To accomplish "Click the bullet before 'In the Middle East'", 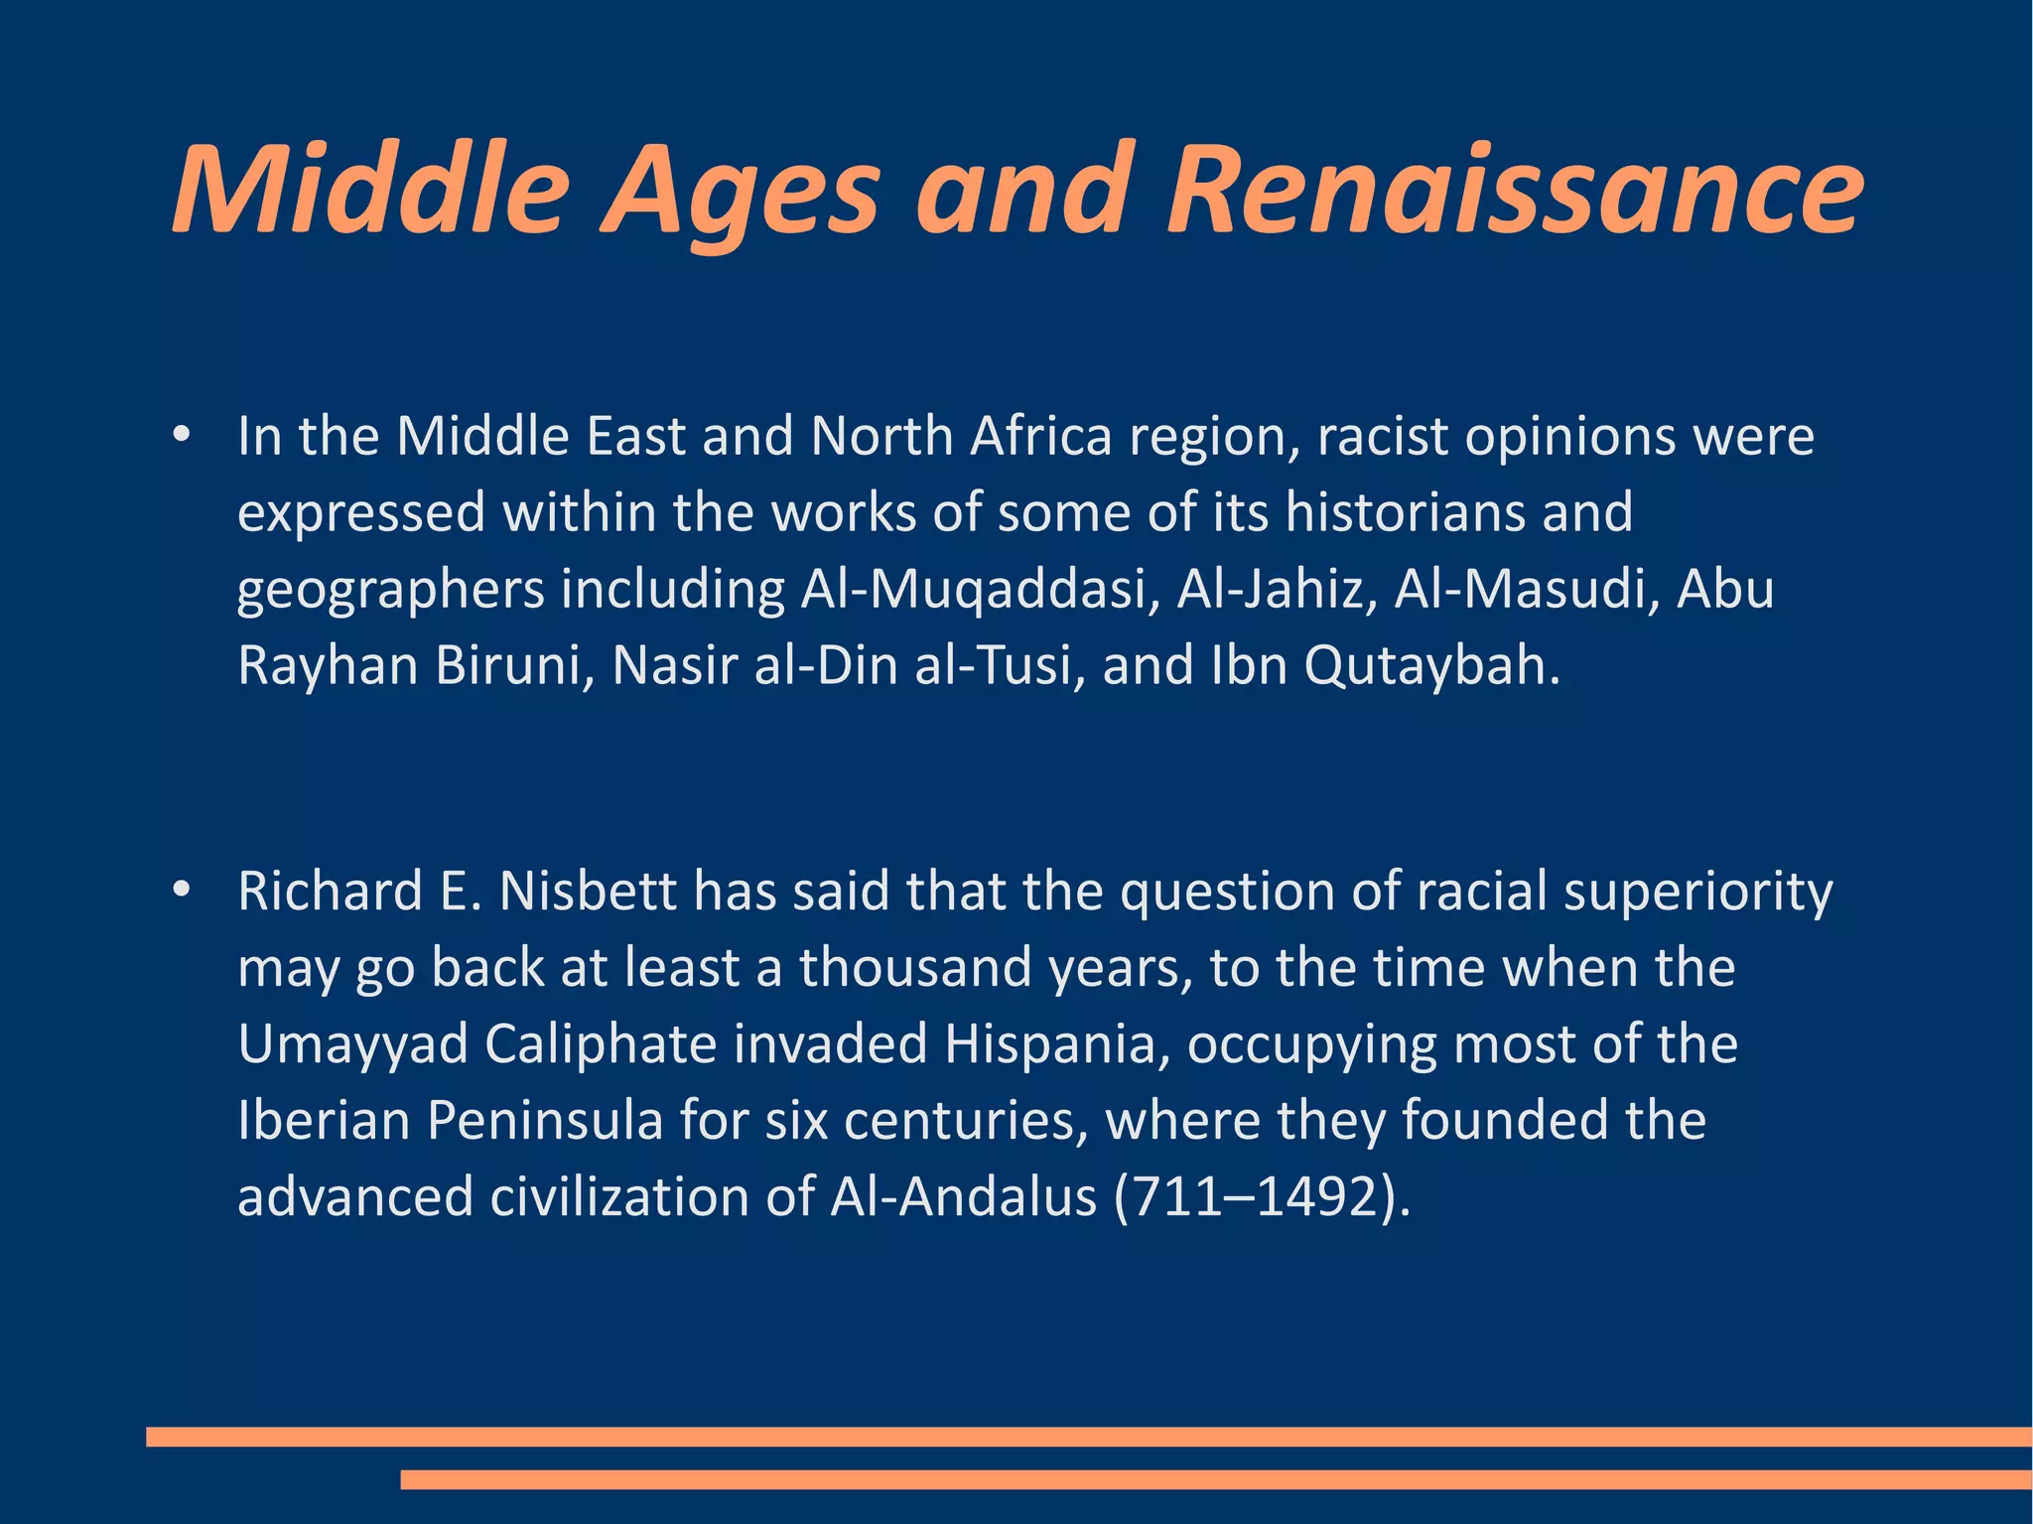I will (x=181, y=436).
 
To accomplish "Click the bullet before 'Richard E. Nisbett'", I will (x=181, y=891).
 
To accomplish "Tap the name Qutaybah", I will (x=1431, y=665).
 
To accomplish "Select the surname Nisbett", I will (x=589, y=891).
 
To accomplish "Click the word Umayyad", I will (x=352, y=1044).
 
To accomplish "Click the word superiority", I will (x=1697, y=891).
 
